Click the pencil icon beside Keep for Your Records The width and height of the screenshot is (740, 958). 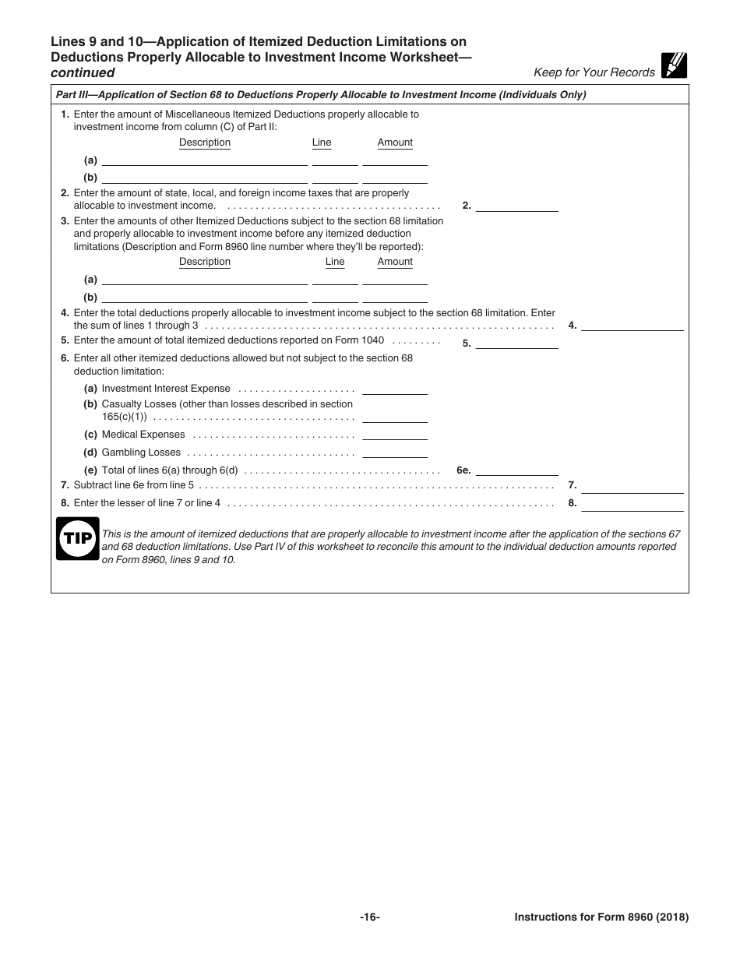click(x=674, y=66)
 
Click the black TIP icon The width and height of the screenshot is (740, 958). click(x=77, y=538)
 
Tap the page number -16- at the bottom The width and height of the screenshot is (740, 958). click(x=369, y=917)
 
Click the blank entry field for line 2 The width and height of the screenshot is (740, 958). click(x=516, y=206)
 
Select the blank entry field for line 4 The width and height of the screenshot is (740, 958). click(x=632, y=326)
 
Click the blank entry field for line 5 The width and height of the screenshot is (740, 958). click(x=516, y=342)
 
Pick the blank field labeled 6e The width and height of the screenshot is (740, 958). click(x=516, y=470)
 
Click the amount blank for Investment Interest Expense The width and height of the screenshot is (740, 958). click(x=395, y=389)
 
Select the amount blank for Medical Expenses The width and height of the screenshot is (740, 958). click(x=395, y=435)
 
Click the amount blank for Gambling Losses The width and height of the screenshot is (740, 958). click(x=395, y=452)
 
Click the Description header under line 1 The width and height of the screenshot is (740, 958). click(x=205, y=143)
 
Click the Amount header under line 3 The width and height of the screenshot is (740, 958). click(x=395, y=262)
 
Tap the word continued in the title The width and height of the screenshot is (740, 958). click(x=83, y=73)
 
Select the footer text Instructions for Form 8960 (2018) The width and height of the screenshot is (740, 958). click(x=601, y=917)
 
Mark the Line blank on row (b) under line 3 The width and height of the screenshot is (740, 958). click(x=335, y=297)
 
